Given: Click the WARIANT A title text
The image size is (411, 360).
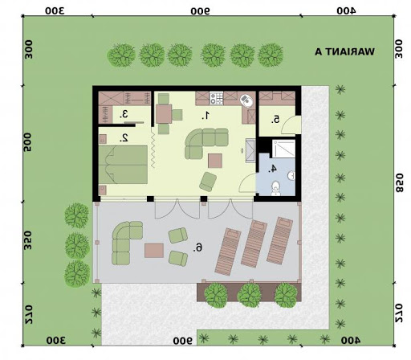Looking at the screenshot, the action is pos(344,51).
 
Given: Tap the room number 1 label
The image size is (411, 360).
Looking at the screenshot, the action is pos(205,116).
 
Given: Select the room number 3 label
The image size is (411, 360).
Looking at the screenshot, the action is pos(124,114).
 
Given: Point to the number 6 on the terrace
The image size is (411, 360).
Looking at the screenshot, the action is pos(198,247).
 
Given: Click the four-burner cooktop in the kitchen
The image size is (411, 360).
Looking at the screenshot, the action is pos(216,98).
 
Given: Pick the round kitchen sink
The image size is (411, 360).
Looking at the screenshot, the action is pos(246,100).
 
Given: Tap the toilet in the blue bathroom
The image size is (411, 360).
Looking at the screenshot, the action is pos(275,189).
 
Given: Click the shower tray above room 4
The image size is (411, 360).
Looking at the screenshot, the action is pos(283,149).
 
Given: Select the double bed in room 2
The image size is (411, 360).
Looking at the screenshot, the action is pos(123,165).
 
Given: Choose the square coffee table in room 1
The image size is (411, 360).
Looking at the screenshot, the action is pos(215,161).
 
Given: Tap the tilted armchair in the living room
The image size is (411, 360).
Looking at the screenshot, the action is pos(208,182).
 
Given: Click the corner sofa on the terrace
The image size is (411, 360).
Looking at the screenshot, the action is pos(125,242).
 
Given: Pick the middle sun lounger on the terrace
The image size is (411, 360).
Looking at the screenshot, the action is pos(254,243).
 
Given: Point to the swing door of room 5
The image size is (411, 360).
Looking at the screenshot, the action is pos(291,125).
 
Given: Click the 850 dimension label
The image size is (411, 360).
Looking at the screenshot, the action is pos(399,183).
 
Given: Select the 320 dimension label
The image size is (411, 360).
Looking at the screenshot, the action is pos(28,240).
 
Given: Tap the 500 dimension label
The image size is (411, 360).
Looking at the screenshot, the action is pos(27,142).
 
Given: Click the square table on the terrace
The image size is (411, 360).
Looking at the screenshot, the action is pos(154,251).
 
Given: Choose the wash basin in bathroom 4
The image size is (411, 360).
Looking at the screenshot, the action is pos(291,176).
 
